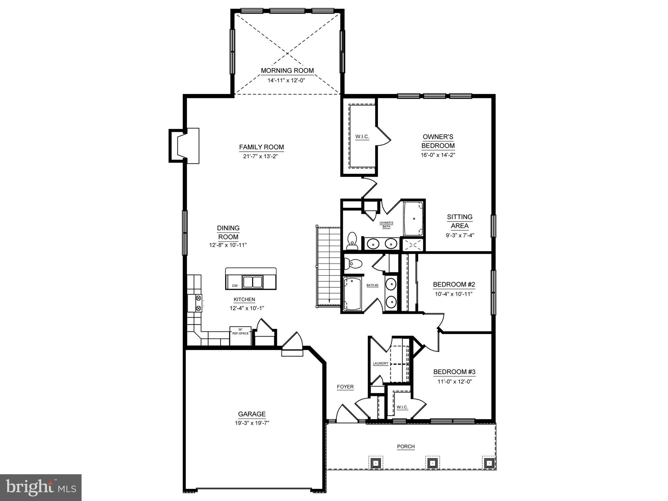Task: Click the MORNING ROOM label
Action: (x=287, y=70)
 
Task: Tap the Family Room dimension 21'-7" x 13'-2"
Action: (x=261, y=156)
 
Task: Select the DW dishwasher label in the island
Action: (x=235, y=286)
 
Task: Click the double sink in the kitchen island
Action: (x=253, y=281)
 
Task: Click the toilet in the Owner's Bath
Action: (x=352, y=239)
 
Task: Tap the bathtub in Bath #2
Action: (x=352, y=294)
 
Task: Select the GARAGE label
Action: (x=251, y=414)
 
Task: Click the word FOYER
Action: (x=345, y=387)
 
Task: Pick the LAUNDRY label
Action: (x=381, y=363)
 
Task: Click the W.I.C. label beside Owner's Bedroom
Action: (x=362, y=137)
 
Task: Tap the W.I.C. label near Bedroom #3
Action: (x=402, y=407)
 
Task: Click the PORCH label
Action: (x=406, y=447)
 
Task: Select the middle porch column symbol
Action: (x=432, y=463)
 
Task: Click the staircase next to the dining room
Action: (x=329, y=266)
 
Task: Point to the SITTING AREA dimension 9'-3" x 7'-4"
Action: (x=460, y=235)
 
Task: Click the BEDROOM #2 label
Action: (x=454, y=284)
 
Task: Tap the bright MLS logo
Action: (x=41, y=487)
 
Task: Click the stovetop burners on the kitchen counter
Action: (x=198, y=303)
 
